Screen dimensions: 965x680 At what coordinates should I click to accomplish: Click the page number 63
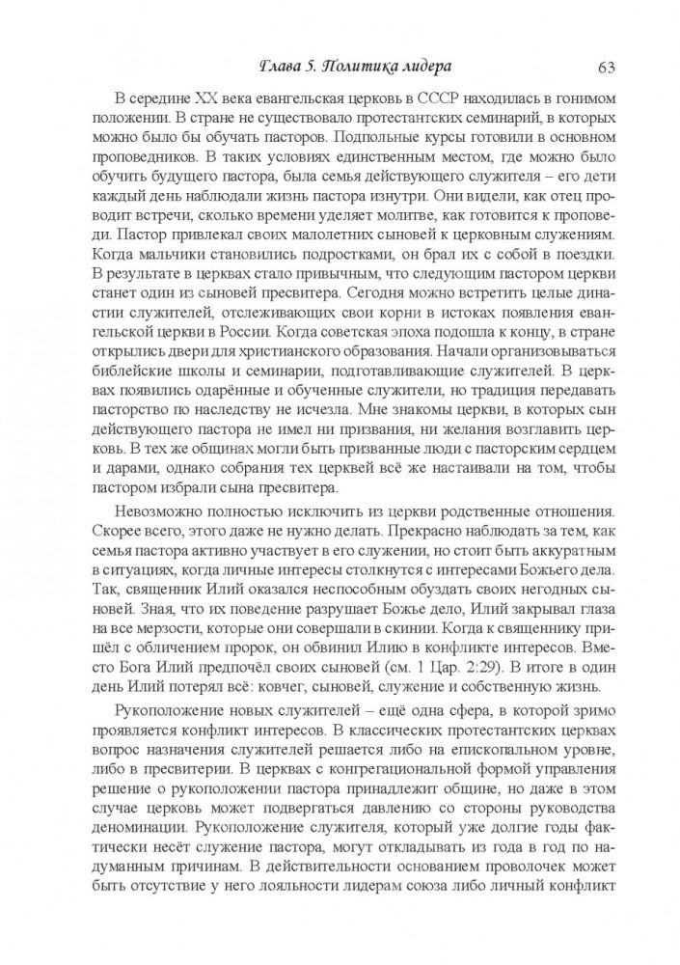coord(607,67)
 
